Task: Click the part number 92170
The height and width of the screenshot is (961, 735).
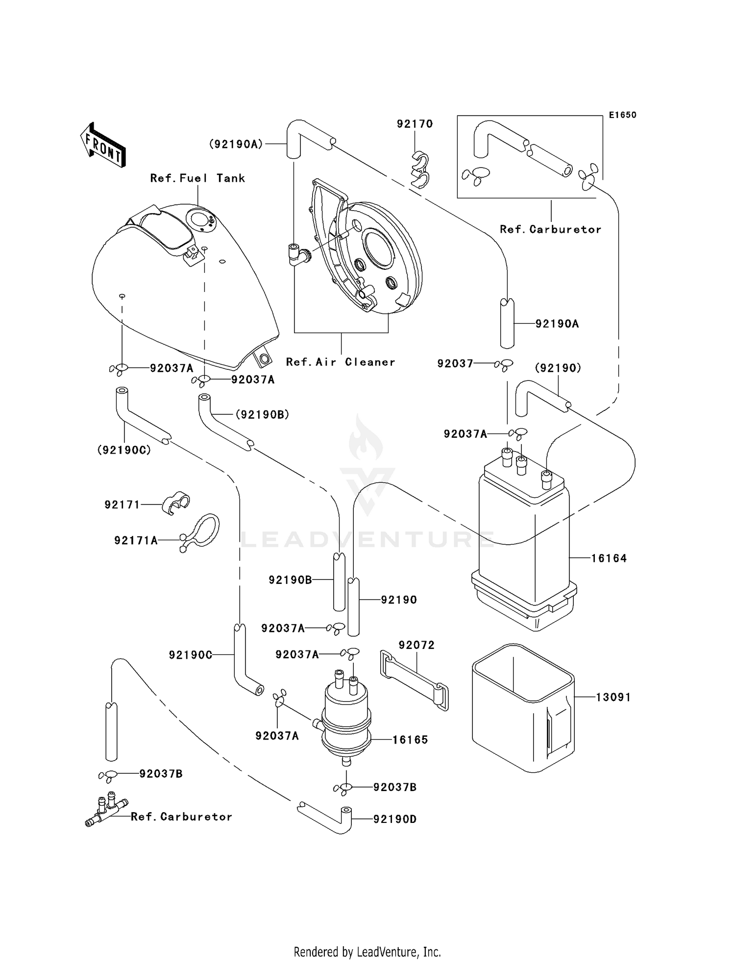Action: point(415,124)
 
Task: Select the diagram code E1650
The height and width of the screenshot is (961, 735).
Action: point(622,115)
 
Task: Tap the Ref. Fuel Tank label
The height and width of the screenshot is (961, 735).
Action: point(197,178)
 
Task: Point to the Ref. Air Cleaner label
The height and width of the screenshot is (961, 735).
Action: point(341,362)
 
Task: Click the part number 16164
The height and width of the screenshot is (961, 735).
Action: point(609,558)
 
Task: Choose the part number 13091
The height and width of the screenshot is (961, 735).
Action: point(613,697)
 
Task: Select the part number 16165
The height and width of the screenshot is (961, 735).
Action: point(410,740)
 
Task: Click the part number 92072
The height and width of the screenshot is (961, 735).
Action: point(416,645)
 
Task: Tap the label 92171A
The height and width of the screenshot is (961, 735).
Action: point(136,540)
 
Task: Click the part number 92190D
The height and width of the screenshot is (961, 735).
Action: point(394,819)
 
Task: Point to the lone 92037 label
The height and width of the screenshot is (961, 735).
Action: point(455,363)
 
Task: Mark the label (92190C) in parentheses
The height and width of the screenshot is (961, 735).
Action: point(124,450)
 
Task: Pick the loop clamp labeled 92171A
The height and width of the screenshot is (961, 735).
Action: point(201,531)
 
